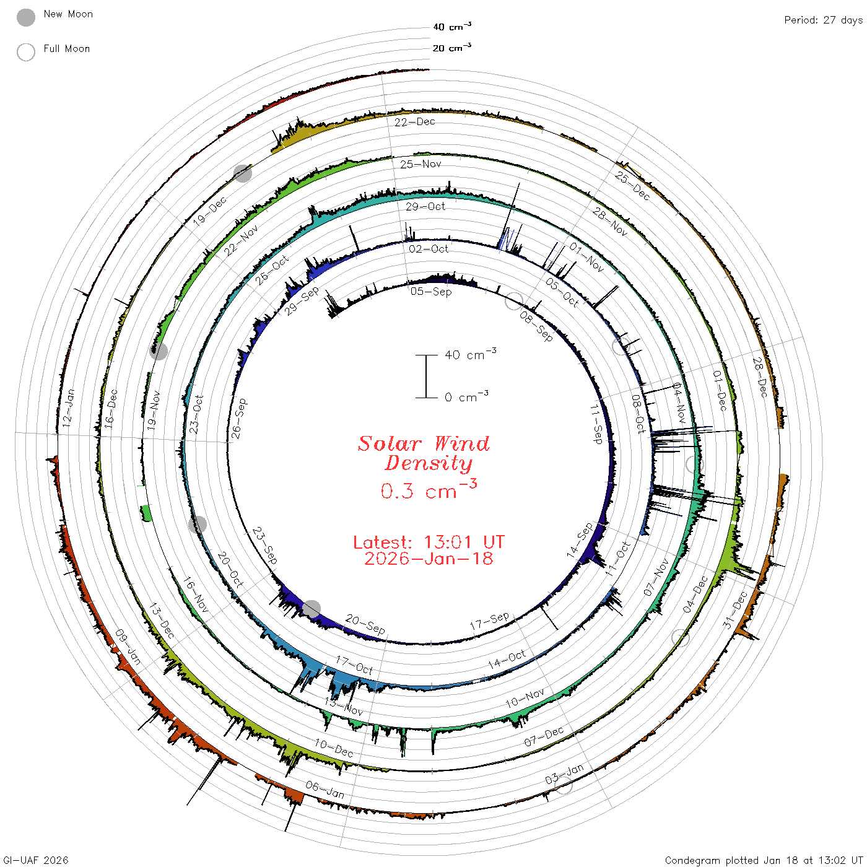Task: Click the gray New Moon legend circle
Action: (x=26, y=17)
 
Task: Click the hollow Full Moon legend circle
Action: (x=26, y=52)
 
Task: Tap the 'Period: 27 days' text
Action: (x=824, y=20)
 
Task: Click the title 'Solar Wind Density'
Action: (x=424, y=453)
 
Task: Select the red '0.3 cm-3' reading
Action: (x=429, y=489)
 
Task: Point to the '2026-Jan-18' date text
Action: (x=429, y=559)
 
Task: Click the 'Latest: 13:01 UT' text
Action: (x=429, y=542)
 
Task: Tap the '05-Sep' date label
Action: (x=430, y=292)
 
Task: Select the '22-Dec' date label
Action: (x=415, y=122)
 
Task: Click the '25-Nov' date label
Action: (x=420, y=164)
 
